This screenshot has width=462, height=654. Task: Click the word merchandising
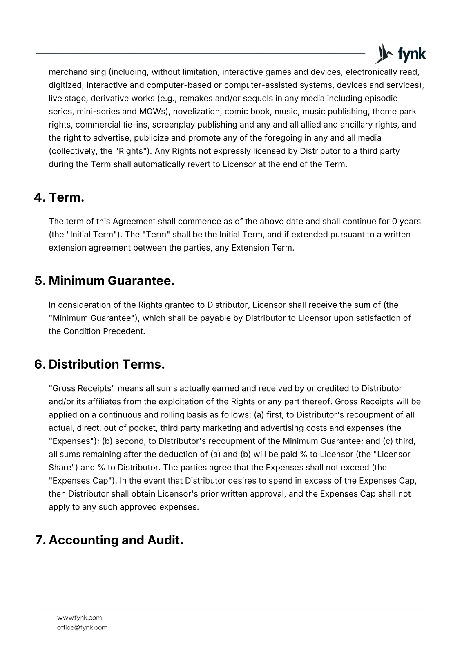[x=77, y=72]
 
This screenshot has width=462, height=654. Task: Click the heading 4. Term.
[x=60, y=197]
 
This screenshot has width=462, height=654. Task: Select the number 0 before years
[x=394, y=222]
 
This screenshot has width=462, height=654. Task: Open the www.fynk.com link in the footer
[x=79, y=618]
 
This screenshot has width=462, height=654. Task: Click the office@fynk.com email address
[x=82, y=627]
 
